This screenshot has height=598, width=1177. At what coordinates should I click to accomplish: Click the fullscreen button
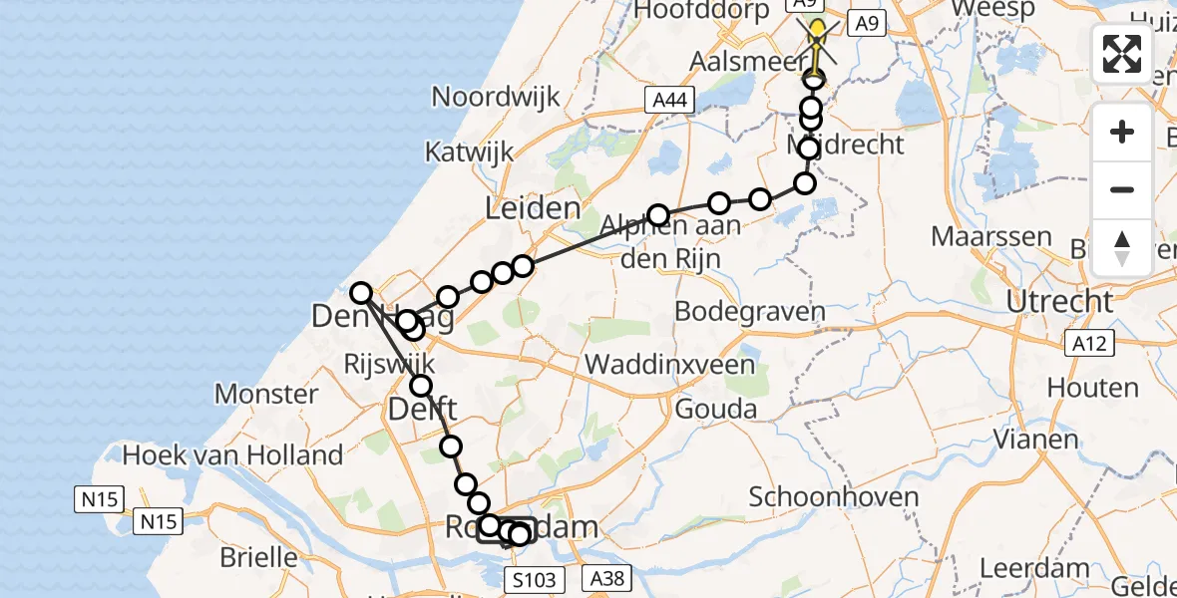(1122, 53)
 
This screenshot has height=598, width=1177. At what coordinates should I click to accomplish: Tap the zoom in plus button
(1122, 133)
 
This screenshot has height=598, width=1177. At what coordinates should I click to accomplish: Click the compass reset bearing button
(1122, 248)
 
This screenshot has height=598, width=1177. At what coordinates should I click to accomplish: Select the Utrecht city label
(1059, 300)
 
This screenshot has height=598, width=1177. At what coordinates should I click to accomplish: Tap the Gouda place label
(715, 409)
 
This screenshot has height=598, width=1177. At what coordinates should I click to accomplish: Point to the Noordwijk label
(496, 98)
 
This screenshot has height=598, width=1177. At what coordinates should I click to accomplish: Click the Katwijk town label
(469, 152)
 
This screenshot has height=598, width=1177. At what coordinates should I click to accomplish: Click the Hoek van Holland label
(232, 455)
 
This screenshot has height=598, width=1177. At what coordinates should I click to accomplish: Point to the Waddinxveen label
(669, 364)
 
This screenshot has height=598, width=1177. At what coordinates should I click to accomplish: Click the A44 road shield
(667, 100)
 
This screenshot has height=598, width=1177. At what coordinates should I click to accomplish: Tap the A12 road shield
(1086, 344)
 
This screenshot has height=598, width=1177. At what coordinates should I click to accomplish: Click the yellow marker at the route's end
(817, 30)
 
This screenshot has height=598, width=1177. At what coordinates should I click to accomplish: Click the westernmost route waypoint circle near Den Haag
(361, 293)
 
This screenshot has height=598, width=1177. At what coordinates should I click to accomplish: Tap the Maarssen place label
(991, 237)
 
